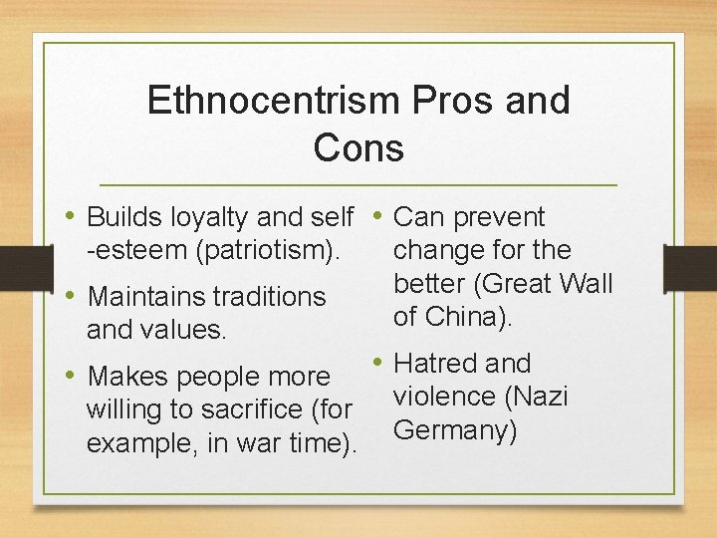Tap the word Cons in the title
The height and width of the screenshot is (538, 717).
pyautogui.click(x=358, y=147)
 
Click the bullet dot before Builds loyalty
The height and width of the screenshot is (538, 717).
pyautogui.click(x=73, y=216)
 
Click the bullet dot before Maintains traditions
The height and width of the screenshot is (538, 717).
pyautogui.click(x=73, y=295)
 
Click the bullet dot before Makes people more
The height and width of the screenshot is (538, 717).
pyautogui.click(x=73, y=376)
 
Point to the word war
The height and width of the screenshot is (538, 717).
pyautogui.click(x=261, y=442)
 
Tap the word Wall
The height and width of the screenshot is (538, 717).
pyautogui.click(x=586, y=283)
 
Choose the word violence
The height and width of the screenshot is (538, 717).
pyautogui.click(x=446, y=397)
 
